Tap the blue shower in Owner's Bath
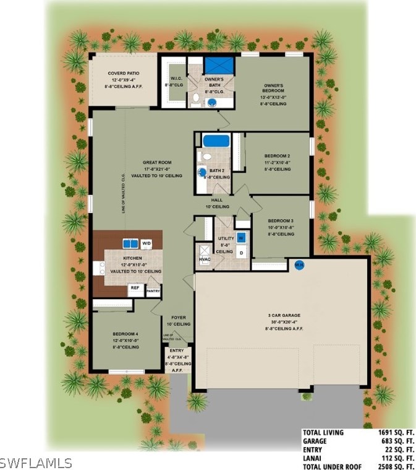220,65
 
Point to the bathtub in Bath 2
216,141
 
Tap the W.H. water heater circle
299,264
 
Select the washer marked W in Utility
241,237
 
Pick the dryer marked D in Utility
241,253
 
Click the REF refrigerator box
135,288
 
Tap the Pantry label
153,291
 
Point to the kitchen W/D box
146,243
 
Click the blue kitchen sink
130,243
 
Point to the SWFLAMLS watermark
36,463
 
